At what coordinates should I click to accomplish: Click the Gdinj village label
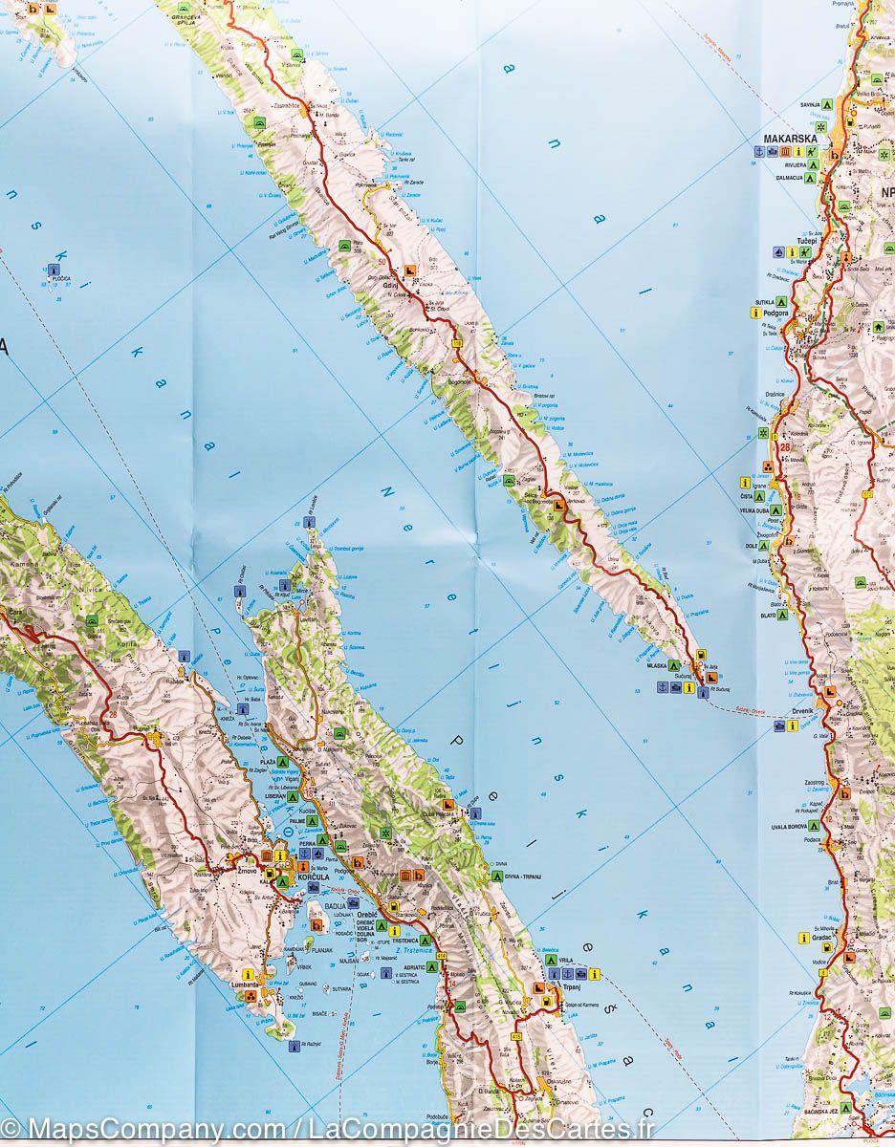point(389,285)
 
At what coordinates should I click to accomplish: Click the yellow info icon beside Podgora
point(755,313)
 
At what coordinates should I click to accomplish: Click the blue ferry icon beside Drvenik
point(779,725)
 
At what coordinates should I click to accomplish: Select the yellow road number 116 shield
point(457,343)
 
